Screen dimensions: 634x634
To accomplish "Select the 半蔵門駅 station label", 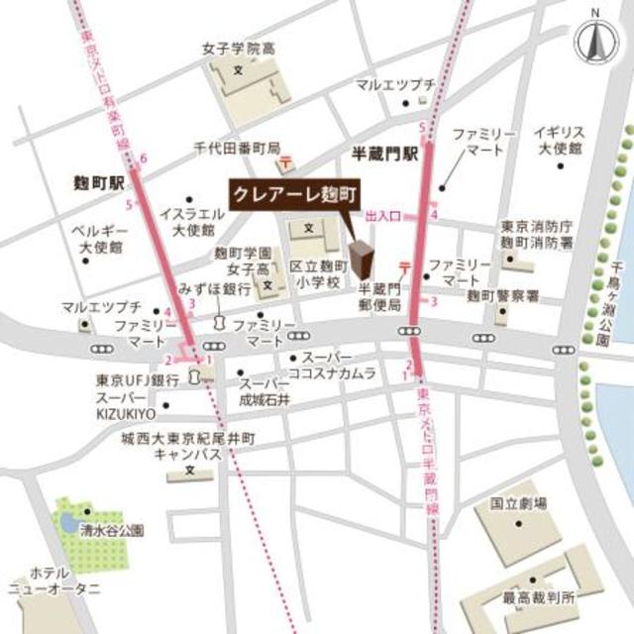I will click(x=387, y=156).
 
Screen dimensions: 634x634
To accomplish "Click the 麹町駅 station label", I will click(x=98, y=183).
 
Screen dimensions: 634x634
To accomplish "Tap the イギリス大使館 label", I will click(x=560, y=140).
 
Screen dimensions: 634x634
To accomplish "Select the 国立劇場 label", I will click(x=518, y=504).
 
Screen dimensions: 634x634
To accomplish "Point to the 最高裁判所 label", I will click(x=539, y=597).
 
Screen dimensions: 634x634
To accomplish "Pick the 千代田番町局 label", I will click(x=237, y=147).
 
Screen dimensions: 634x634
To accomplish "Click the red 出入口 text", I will click(x=381, y=215).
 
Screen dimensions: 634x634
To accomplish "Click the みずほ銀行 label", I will click(x=214, y=288).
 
